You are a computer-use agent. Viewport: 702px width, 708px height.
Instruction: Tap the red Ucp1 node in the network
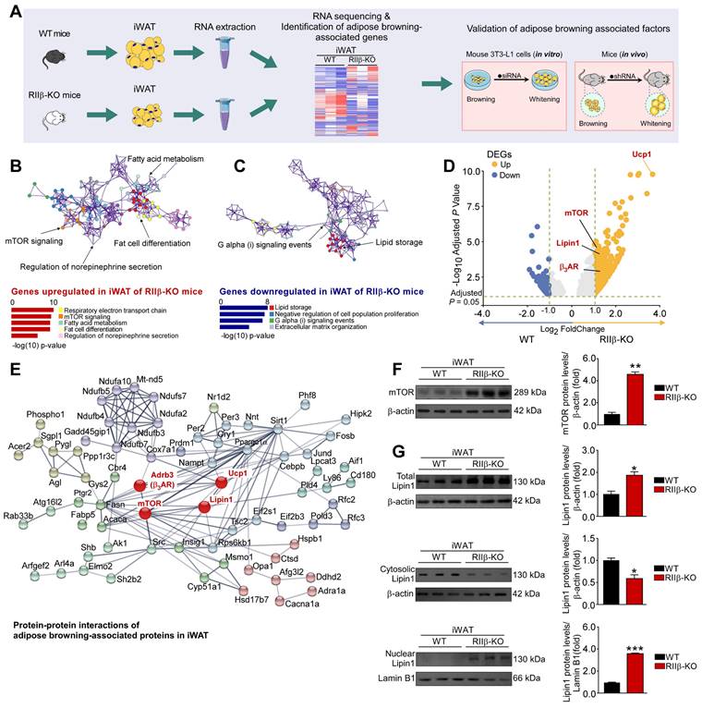click(x=223, y=482)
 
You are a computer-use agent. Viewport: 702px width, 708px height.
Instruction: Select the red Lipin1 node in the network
click(x=205, y=507)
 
